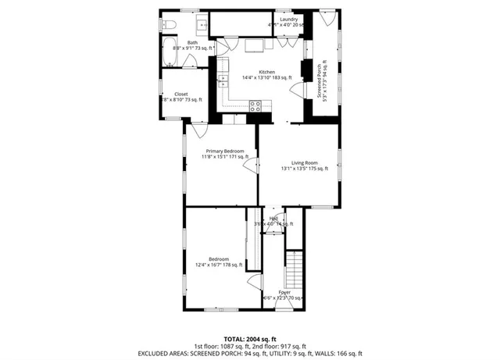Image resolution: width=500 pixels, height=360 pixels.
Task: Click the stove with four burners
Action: coord(255,106)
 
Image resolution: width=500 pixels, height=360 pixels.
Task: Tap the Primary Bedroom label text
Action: coord(225,151)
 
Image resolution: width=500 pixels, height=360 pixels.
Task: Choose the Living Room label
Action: coord(299,162)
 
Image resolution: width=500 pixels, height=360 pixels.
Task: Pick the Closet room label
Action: coord(180,94)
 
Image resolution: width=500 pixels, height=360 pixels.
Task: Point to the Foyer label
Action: coord(284,292)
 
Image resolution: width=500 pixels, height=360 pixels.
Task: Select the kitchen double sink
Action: coord(222,78)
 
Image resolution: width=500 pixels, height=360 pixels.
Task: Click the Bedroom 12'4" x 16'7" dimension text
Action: coord(218,265)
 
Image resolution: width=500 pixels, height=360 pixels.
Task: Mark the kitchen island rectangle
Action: coord(254,46)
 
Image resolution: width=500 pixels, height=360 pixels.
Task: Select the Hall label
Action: coord(274,219)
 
